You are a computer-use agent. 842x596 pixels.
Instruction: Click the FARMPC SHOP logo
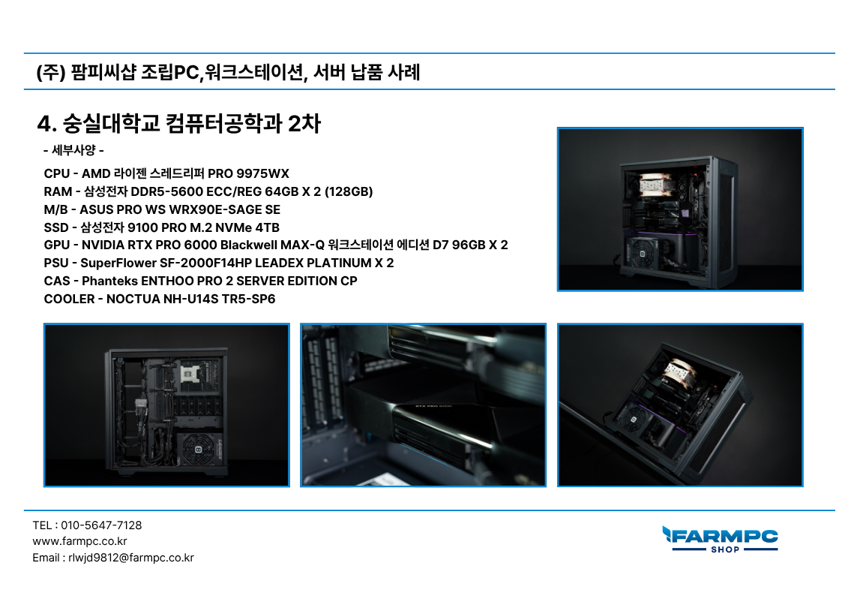[x=720, y=539]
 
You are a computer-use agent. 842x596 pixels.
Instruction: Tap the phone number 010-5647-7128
[x=101, y=525]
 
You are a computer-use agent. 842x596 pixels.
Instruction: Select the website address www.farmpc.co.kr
[x=79, y=541]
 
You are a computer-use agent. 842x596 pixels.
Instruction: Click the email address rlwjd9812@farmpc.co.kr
[x=131, y=558]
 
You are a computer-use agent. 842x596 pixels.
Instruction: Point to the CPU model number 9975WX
[x=262, y=173]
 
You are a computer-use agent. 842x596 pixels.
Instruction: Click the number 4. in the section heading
[x=46, y=124]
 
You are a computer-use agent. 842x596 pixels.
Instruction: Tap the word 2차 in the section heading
[x=304, y=124]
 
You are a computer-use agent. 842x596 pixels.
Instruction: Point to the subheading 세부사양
[x=73, y=150]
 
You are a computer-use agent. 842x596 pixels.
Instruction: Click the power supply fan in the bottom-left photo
[x=198, y=450]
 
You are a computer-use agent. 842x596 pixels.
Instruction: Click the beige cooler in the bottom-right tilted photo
[x=681, y=374]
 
